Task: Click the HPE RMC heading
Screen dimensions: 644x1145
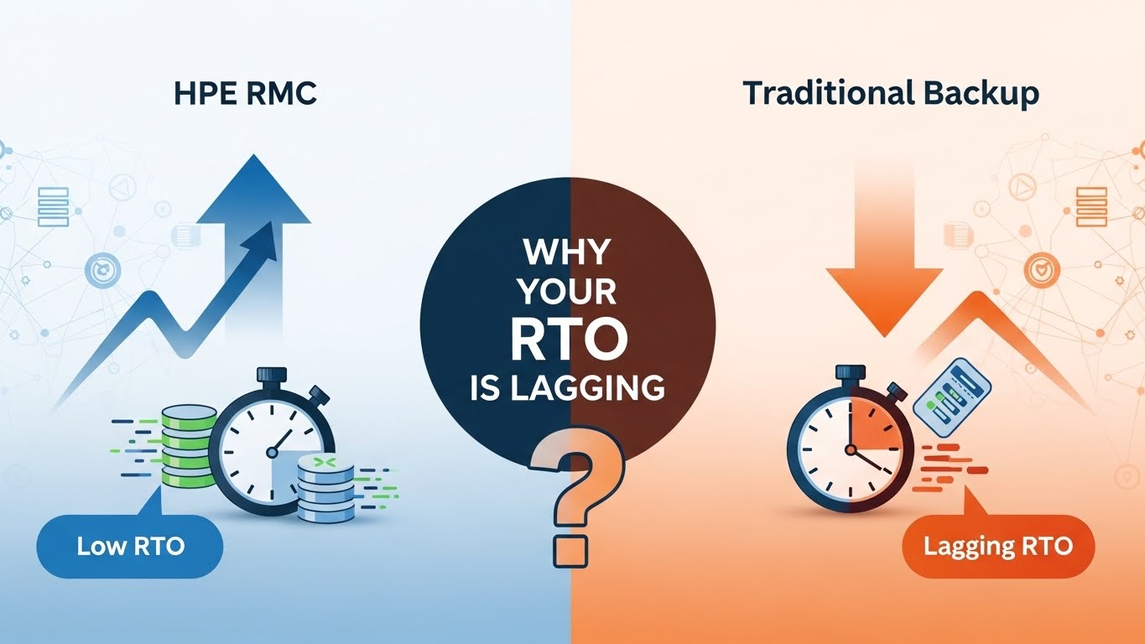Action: [244, 93]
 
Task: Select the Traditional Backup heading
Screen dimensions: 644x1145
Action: [890, 93]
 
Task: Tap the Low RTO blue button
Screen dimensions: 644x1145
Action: [130, 548]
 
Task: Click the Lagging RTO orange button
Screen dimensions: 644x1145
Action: [997, 548]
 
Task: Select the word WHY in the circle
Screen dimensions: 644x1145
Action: [568, 252]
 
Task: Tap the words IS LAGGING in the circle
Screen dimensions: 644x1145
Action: [568, 387]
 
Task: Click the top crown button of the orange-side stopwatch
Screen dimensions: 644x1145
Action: [850, 372]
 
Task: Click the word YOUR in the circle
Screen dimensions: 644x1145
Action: [568, 293]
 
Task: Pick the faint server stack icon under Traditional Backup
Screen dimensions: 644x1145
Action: [1090, 204]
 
